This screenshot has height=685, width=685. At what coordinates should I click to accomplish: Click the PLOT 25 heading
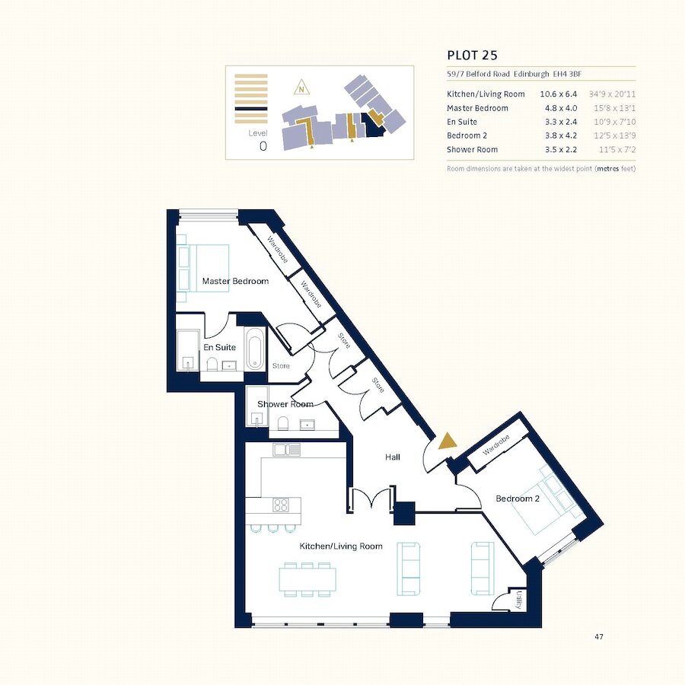pyautogui.click(x=472, y=55)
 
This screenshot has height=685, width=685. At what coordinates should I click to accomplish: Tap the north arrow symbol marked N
pyautogui.click(x=301, y=88)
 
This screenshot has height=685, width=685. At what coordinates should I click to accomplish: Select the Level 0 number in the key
pyautogui.click(x=263, y=146)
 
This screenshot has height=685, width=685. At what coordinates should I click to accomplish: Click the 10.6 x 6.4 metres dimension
pyautogui.click(x=558, y=94)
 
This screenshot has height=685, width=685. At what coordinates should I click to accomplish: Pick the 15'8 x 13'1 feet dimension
pyautogui.click(x=614, y=108)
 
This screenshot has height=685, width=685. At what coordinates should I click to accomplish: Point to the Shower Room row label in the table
pyautogui.click(x=472, y=149)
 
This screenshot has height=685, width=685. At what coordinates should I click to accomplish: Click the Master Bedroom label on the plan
pyautogui.click(x=235, y=281)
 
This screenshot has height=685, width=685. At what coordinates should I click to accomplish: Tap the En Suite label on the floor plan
pyautogui.click(x=219, y=347)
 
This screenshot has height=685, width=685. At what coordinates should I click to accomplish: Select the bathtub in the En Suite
pyautogui.click(x=255, y=348)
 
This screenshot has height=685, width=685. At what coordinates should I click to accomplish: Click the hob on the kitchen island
pyautogui.click(x=280, y=505)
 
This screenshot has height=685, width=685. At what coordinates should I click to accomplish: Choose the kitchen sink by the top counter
pyautogui.click(x=287, y=450)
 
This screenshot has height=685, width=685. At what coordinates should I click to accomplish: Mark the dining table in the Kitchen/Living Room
pyautogui.click(x=307, y=579)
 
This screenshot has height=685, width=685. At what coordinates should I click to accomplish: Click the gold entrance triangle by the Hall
pyautogui.click(x=448, y=441)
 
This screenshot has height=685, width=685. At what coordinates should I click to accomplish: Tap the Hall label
pyautogui.click(x=392, y=457)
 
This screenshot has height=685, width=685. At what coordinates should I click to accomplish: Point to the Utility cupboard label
pyautogui.click(x=518, y=600)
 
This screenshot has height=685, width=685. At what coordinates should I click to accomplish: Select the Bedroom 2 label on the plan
pyautogui.click(x=518, y=499)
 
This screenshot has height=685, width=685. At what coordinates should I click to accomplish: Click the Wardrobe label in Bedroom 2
pyautogui.click(x=495, y=445)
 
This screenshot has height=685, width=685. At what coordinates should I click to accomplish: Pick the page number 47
pyautogui.click(x=599, y=636)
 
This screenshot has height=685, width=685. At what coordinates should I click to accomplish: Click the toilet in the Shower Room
pyautogui.click(x=282, y=423)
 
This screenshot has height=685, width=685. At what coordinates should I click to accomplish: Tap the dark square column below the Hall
pyautogui.click(x=404, y=513)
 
